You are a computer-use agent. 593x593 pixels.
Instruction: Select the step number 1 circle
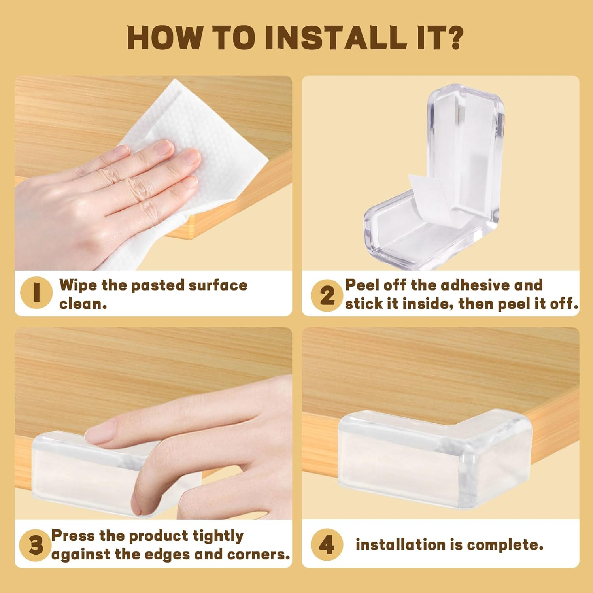(x=36, y=293)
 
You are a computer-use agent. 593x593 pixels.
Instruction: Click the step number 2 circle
(x=327, y=295)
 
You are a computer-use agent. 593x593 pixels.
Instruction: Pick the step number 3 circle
(x=36, y=545)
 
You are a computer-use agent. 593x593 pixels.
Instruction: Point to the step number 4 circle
(x=327, y=545)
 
